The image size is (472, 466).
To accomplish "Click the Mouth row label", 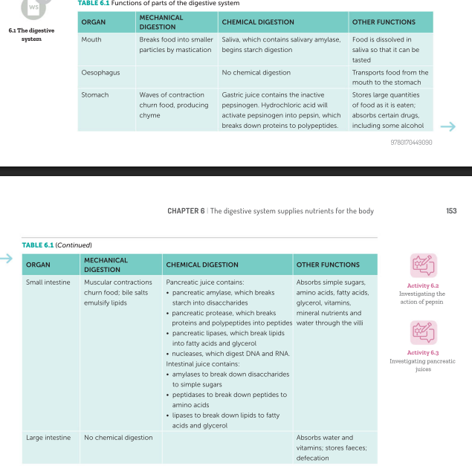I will click(x=91, y=39).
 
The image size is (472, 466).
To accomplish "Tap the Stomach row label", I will click(x=94, y=95).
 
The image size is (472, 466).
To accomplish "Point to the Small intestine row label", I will click(x=48, y=282).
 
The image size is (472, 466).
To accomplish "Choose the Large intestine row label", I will click(x=48, y=438).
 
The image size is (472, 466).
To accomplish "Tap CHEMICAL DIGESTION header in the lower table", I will click(x=202, y=265).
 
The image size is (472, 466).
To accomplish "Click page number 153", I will click(x=451, y=211).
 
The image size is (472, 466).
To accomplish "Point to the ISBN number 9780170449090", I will click(x=411, y=142).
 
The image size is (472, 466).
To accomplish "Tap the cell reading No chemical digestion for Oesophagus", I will click(x=256, y=73).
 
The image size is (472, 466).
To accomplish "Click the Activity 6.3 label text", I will click(x=423, y=353).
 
